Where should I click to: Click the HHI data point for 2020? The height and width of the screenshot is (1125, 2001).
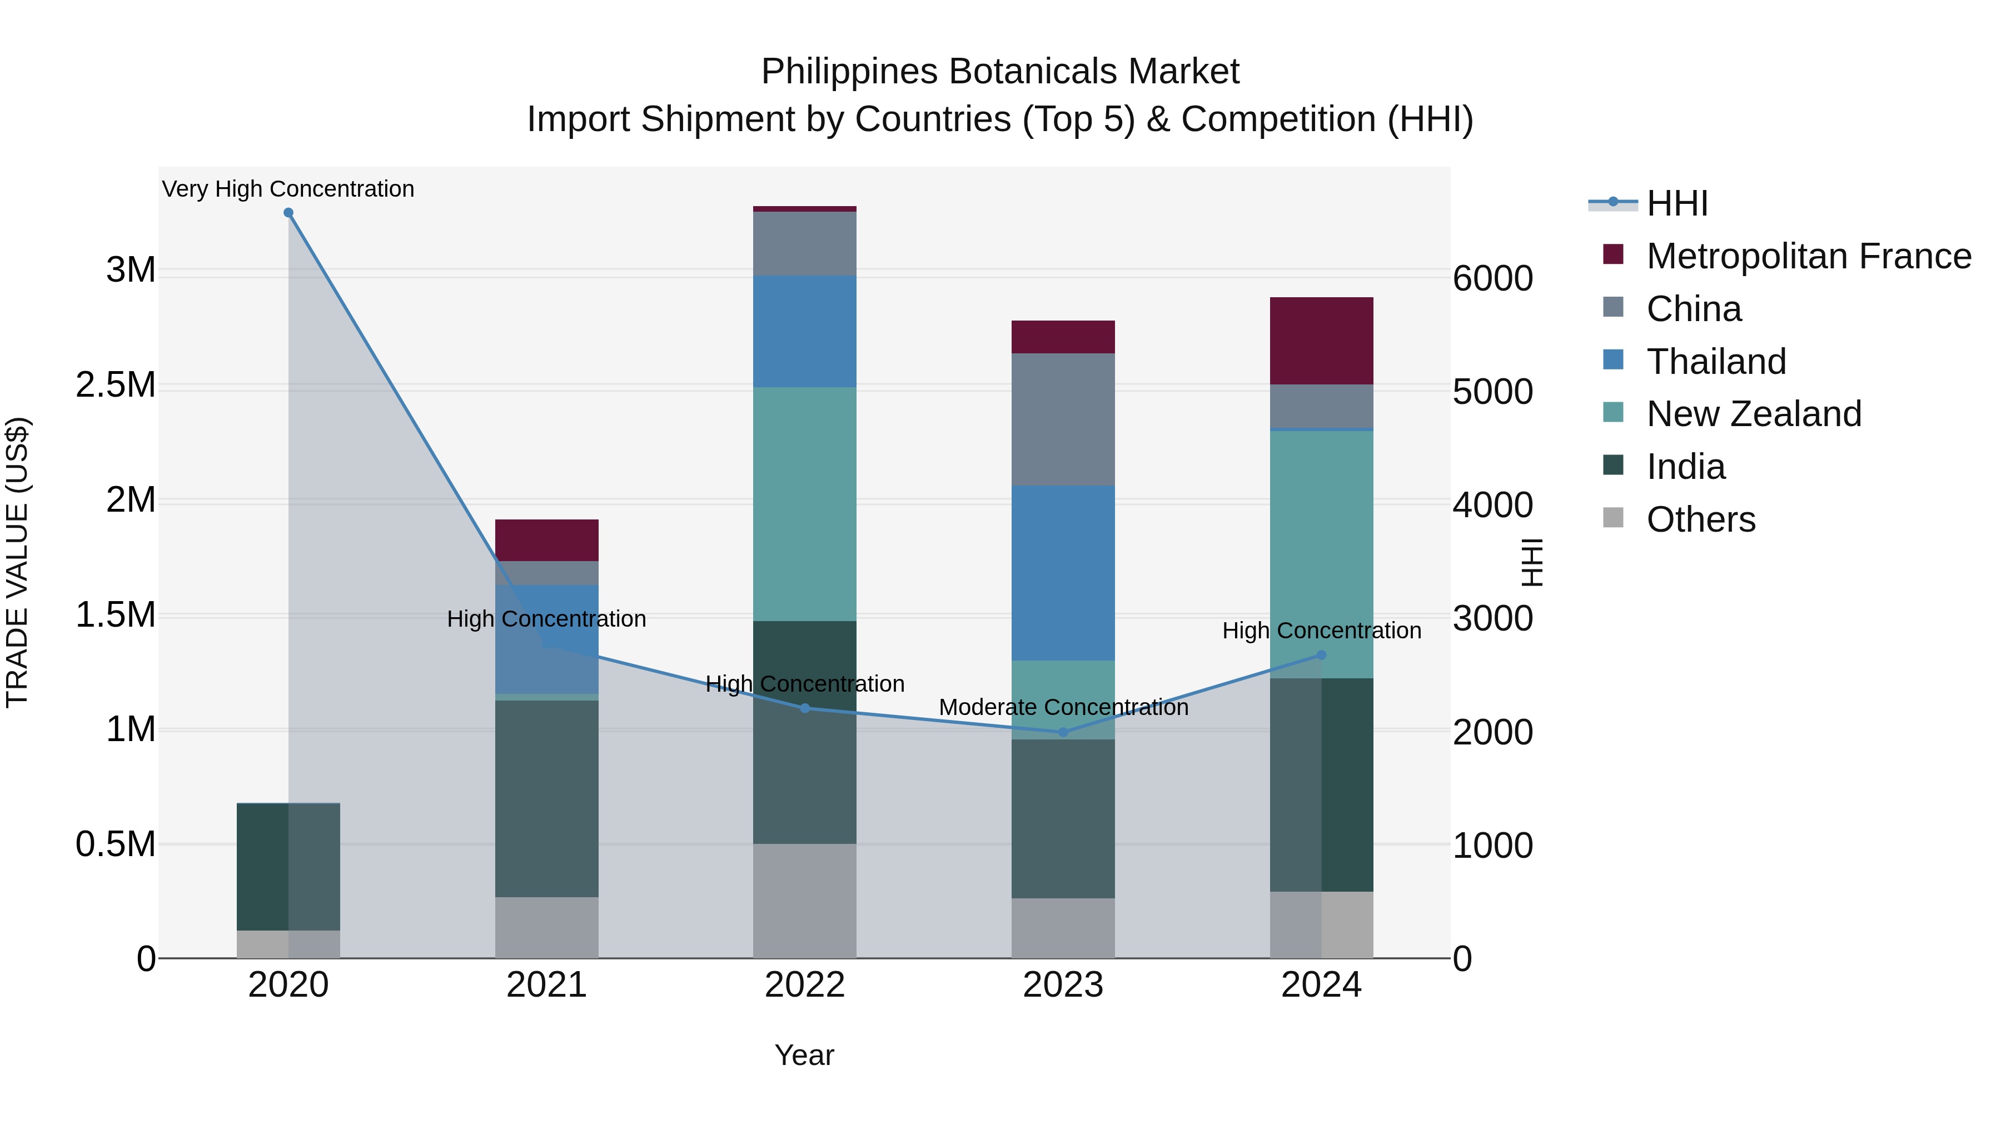pyautogui.click(x=288, y=213)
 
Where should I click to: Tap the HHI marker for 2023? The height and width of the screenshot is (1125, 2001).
pyautogui.click(x=1063, y=732)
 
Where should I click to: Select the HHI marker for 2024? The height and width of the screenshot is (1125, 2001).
pyautogui.click(x=1321, y=656)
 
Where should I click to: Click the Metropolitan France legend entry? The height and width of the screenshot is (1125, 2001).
pyautogui.click(x=1808, y=256)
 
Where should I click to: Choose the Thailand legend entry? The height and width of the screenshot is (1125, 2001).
pyautogui.click(x=1716, y=362)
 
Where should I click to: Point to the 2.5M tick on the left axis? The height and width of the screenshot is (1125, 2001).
pyautogui.click(x=116, y=385)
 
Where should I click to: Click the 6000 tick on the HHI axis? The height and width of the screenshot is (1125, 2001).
pyautogui.click(x=1492, y=279)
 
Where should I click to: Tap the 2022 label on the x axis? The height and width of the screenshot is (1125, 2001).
pyautogui.click(x=805, y=985)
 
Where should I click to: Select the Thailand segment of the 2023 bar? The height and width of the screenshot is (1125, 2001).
pyautogui.click(x=1063, y=573)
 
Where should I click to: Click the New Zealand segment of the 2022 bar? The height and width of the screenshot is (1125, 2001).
pyautogui.click(x=805, y=504)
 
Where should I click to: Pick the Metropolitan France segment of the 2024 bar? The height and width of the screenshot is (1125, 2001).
pyautogui.click(x=1321, y=341)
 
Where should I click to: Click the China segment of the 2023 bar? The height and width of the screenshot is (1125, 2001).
pyautogui.click(x=1063, y=419)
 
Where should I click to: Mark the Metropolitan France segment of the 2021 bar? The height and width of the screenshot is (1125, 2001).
pyautogui.click(x=547, y=541)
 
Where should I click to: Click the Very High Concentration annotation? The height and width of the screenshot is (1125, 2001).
pyautogui.click(x=288, y=189)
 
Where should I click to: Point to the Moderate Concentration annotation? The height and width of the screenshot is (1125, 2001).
pyautogui.click(x=1063, y=707)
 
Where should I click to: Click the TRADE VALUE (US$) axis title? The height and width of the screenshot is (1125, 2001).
pyautogui.click(x=18, y=562)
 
